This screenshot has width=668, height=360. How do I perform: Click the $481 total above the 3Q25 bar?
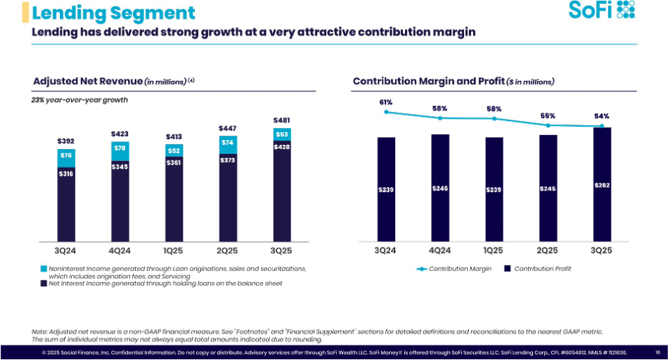coord(281,120)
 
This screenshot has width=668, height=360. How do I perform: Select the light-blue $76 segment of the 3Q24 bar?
coord(65,156)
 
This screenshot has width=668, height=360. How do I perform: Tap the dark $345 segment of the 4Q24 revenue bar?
coord(120,167)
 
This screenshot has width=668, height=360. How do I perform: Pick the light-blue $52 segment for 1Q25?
coord(174,150)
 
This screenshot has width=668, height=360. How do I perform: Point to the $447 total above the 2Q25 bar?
coord(228,128)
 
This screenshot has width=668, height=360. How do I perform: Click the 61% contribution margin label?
coord(385,103)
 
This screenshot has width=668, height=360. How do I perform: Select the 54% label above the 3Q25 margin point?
coord(601,117)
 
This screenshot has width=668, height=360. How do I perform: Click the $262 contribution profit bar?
coord(601,185)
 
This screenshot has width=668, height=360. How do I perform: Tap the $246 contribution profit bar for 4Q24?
coord(439,188)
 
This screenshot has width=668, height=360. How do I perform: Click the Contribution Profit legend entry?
coord(537,269)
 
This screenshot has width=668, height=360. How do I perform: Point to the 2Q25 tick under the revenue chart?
coord(228,250)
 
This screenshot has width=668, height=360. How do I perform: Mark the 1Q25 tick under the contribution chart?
coord(494,250)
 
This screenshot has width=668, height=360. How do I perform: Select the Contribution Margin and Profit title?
coord(454,82)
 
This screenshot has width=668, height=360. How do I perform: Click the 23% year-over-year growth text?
coord(79,100)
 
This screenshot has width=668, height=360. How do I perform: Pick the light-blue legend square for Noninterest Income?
coord(44,269)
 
